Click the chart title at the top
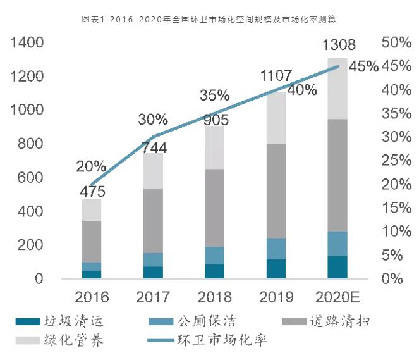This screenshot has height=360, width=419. tap(209, 20)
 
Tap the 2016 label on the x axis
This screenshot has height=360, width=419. tap(92, 296)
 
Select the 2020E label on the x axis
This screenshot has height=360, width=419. tap(338, 296)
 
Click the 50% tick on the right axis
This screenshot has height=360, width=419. tap(398, 42)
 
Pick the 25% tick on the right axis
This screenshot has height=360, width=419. tap(398, 161)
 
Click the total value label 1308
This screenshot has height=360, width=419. tap(339, 46)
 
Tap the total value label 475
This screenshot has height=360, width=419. tap(92, 191)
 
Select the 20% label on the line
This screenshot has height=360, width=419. tap(92, 167)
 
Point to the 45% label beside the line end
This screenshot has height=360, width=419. tap(363, 67)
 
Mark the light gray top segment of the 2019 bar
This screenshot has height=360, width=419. tap(276, 118)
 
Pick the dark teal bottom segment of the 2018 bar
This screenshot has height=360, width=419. tap(215, 271)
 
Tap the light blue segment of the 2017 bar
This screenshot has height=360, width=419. tap(153, 259)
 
